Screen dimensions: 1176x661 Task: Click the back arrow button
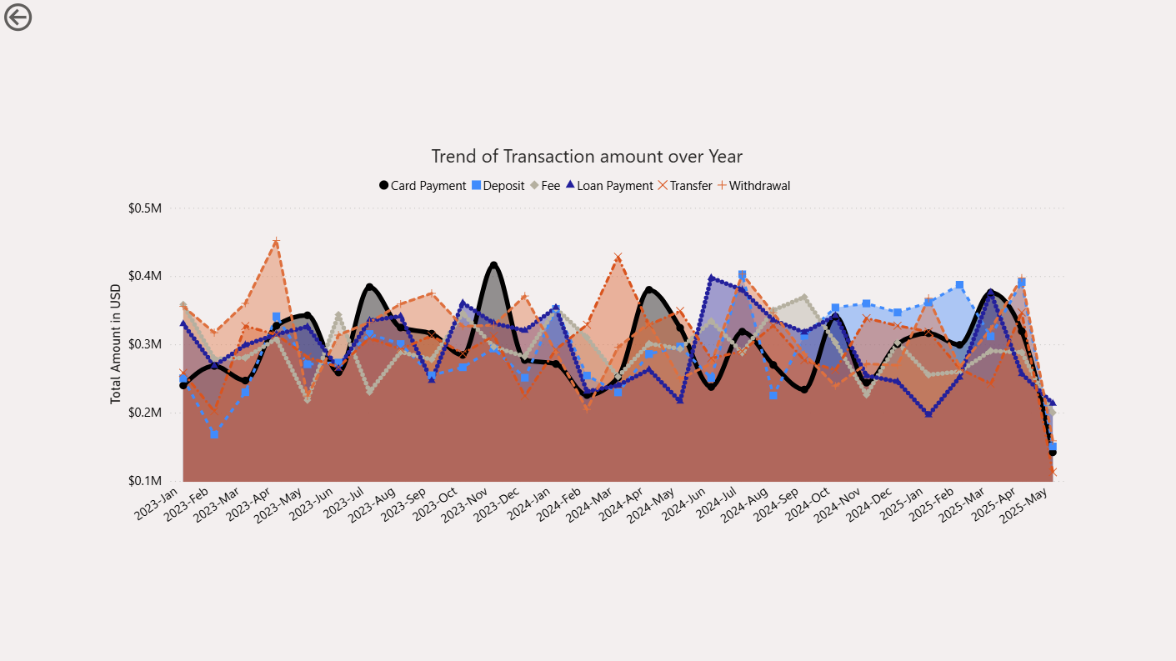coord(18,18)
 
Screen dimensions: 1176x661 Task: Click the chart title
coord(587,157)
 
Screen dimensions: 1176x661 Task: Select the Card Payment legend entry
coord(423,186)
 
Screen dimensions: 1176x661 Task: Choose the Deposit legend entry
coord(498,186)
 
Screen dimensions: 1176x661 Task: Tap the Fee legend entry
coord(545,186)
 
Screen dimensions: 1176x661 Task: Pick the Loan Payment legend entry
coord(609,186)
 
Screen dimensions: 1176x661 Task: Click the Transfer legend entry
coord(685,186)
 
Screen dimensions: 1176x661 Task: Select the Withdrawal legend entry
coord(754,186)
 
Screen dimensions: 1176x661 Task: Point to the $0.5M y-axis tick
coord(145,208)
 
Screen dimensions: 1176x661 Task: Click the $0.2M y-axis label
coord(145,413)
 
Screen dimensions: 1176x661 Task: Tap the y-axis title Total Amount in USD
coord(116,344)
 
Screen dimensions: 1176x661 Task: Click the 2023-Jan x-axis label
coord(157,503)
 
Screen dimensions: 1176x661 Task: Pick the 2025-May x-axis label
coord(1023,505)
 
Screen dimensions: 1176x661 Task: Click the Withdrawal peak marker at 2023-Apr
coord(276,242)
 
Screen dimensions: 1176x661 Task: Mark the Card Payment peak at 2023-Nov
coord(493,265)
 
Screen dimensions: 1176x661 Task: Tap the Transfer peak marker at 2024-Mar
coord(618,258)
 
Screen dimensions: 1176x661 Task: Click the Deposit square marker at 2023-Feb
coord(214,435)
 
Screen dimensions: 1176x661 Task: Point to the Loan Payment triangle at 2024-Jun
coord(712,278)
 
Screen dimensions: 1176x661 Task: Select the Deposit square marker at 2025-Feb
coord(959,285)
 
